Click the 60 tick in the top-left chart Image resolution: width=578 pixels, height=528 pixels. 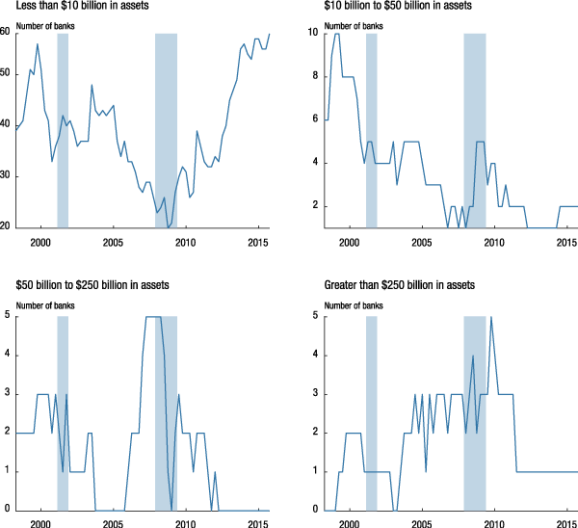tap(6, 33)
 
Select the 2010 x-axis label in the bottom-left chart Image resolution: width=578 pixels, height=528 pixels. tap(184, 523)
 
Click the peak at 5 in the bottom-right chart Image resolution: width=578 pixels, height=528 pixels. tap(491, 317)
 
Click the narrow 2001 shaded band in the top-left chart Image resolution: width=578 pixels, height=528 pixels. tap(63, 130)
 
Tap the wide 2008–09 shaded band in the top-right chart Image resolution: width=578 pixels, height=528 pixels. tap(474, 130)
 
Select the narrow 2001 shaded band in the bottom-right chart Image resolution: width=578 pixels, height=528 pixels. tap(371, 412)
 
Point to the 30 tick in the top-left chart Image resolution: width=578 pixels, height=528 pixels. tap(6, 176)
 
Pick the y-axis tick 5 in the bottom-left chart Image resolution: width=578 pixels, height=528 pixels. tap(8, 316)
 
